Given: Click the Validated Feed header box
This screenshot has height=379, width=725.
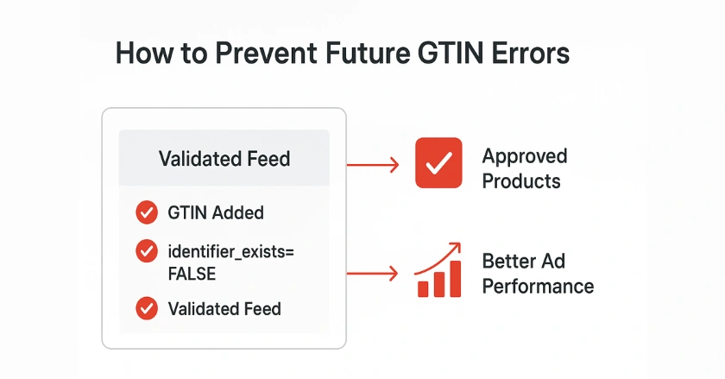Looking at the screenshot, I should coord(224,159).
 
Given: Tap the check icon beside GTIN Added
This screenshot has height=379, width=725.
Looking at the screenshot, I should coord(147,212).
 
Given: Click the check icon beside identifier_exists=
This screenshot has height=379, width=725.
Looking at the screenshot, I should coord(147,252).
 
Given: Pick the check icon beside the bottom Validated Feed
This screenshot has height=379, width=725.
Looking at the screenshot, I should coord(147,307).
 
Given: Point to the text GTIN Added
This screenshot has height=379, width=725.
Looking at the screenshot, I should coord(216,212).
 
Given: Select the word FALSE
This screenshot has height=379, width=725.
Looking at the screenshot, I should coord(191,273).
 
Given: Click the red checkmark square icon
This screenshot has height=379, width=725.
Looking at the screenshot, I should coord(439,164).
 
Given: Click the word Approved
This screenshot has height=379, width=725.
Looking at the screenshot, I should coord(524,157).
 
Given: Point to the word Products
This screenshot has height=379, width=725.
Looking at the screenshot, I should coord(520,181).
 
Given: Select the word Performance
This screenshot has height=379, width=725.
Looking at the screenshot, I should coord(537,286).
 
